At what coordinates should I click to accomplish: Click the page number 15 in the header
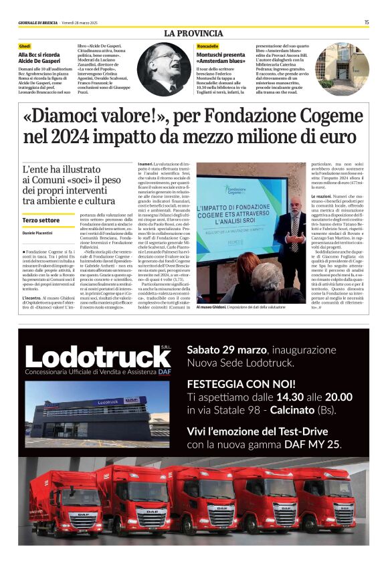tap(367, 22)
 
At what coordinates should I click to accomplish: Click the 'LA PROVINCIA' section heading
tap(193, 33)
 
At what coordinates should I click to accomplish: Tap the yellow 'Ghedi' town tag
tap(25, 45)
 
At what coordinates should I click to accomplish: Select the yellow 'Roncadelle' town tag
tap(207, 45)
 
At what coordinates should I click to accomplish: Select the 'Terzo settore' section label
tap(41, 219)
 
